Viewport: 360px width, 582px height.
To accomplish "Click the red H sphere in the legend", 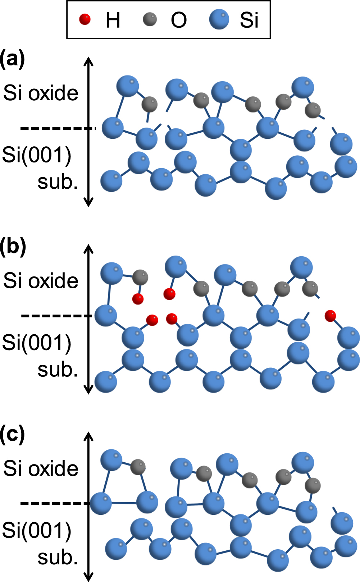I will (85, 19).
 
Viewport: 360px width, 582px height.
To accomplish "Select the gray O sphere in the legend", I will (150, 19).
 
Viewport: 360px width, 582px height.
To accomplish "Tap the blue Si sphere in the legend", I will (219, 19).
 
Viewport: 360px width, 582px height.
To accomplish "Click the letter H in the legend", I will (113, 20).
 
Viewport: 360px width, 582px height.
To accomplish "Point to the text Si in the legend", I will (249, 20).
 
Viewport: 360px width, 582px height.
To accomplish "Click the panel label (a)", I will (13, 59).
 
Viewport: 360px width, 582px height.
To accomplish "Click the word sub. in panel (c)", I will (58, 557).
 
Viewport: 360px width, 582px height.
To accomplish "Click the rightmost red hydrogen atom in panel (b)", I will (330, 316).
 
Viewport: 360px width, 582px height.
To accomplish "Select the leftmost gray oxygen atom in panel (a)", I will (149, 104).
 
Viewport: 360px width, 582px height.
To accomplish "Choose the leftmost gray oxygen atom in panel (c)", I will (138, 467).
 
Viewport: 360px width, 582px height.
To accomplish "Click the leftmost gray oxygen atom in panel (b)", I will (140, 277).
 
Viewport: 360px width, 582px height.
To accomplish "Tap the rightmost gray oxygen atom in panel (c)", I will (313, 486).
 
